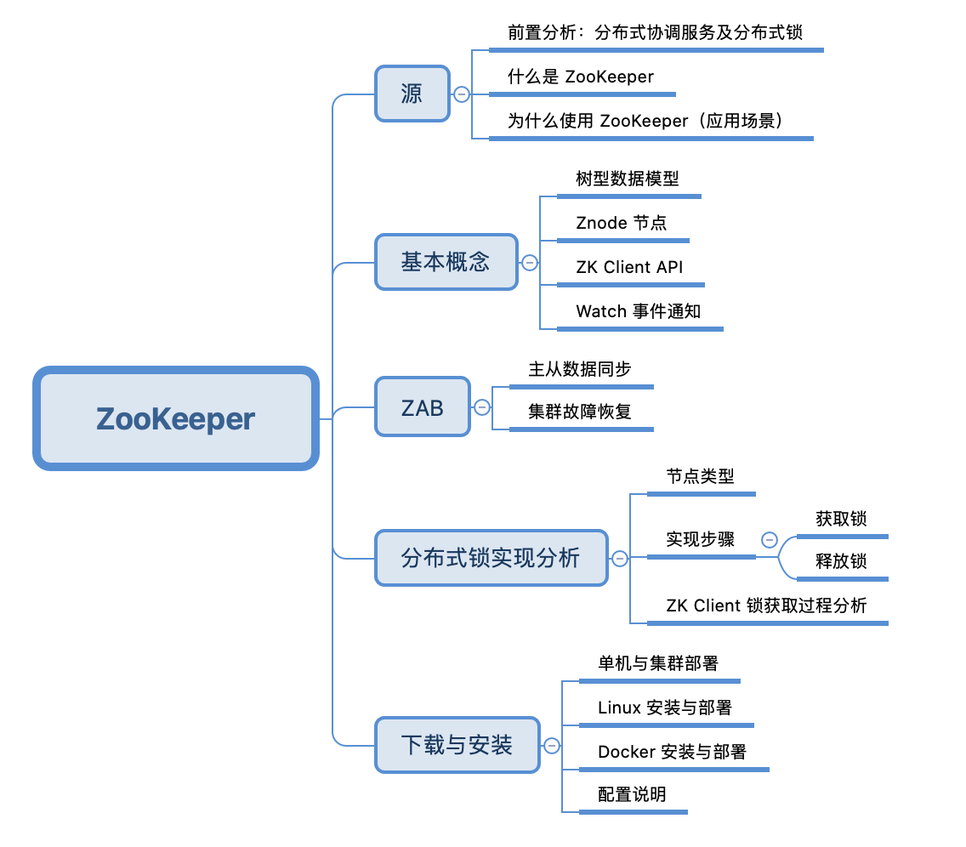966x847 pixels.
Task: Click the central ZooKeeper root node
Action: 176,418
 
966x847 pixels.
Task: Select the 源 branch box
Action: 412,94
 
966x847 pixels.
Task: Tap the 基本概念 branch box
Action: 446,262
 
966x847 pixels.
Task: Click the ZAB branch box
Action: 423,407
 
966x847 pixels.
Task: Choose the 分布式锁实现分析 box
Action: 491,558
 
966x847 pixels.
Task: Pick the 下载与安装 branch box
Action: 457,745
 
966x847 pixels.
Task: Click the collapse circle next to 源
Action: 462,94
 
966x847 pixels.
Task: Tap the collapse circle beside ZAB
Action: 482,408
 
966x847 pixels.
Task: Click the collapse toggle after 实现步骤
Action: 770,539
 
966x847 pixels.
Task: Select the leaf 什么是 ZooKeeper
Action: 581,77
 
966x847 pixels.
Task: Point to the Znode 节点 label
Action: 621,224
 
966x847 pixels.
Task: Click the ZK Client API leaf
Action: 629,268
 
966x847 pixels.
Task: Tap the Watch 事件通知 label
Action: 638,312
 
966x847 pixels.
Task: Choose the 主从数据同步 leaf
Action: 580,370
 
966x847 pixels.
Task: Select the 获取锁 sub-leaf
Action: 841,520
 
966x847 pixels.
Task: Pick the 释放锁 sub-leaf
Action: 841,562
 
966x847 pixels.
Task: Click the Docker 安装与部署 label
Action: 672,753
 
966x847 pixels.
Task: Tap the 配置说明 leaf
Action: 632,795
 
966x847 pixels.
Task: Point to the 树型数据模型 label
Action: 628,179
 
